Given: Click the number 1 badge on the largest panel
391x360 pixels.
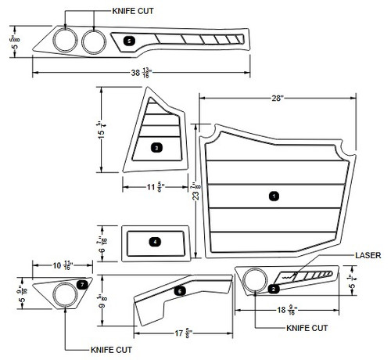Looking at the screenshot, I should tap(274, 195).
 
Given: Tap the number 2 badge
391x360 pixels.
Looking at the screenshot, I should tap(273, 289).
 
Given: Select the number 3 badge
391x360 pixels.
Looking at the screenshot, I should tap(156, 147).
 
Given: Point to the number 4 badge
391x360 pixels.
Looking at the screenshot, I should tap(156, 242).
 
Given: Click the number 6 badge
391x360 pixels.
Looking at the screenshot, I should tap(180, 291).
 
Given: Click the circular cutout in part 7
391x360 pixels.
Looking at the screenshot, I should tap(63, 295).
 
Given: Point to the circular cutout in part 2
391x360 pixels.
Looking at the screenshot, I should tap(253, 280).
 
